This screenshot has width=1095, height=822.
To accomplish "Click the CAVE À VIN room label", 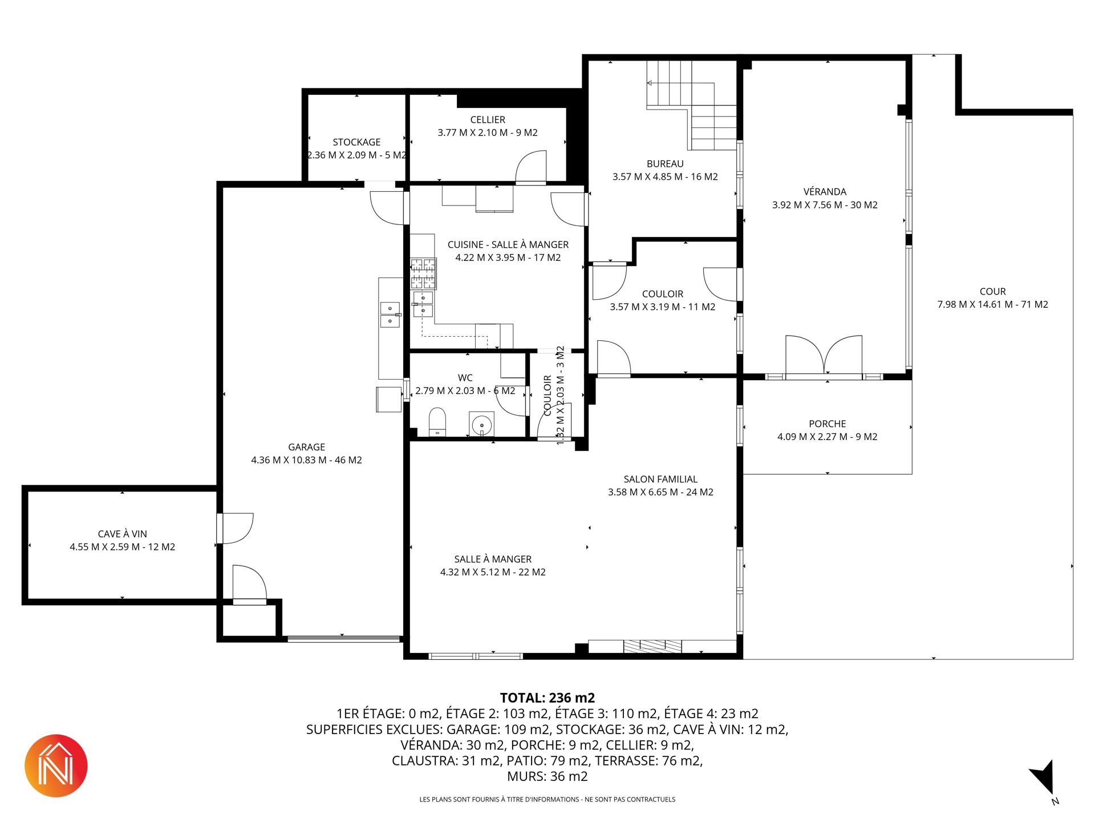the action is point(123,534).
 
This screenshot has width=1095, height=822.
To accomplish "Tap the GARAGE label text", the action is point(307,447).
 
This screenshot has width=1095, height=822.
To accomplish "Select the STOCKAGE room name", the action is point(356,142).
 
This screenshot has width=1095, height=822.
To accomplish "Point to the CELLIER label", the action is point(488,120).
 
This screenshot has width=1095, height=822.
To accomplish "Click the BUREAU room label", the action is point(665,164).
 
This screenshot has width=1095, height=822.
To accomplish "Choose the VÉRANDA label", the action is point(825,191).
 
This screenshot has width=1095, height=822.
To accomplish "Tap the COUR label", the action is point(993,292).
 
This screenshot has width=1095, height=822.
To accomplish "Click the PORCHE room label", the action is point(828,424).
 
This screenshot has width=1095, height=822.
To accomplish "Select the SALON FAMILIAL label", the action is point(660,479).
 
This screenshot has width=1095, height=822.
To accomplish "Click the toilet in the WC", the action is point(437,422).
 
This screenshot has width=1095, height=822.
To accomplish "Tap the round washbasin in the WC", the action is point(482,424).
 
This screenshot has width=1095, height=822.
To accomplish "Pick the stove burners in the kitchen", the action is point(423,273).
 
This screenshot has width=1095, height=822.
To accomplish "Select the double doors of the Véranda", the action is point(824,355).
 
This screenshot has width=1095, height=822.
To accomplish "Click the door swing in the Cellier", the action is point(531,167).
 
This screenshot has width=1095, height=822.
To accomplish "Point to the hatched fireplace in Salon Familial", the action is point(652,646).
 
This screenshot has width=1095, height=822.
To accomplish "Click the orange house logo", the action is point(56,765).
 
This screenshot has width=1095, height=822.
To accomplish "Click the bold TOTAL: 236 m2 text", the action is point(547,698).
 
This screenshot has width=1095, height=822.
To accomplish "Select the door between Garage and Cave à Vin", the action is point(235,529).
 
